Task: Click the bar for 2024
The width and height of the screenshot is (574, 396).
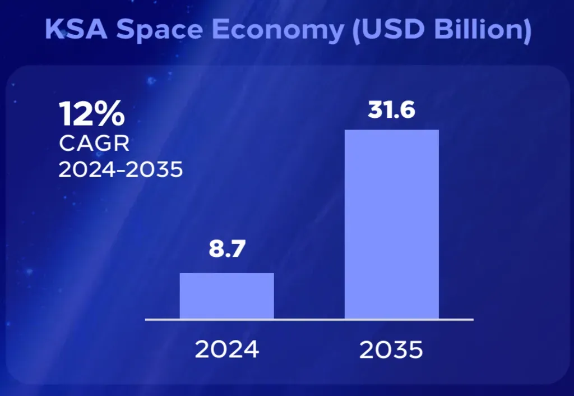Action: point(226,296)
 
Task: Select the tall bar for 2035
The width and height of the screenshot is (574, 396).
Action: point(391,224)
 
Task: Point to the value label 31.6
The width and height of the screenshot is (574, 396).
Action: point(391,110)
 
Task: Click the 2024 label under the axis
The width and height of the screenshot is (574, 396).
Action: point(227,349)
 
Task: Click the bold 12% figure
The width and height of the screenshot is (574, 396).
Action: point(92,114)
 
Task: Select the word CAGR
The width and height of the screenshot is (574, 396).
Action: point(94,144)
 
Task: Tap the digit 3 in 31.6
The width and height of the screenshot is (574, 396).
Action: point(375,110)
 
